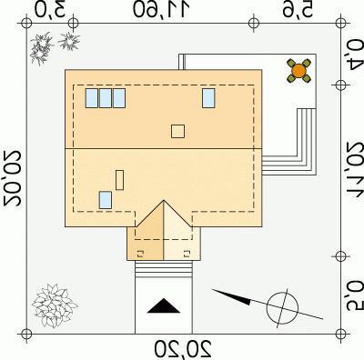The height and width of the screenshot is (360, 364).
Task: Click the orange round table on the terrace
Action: point(298,71)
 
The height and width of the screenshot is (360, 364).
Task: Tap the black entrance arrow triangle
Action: point(164,305)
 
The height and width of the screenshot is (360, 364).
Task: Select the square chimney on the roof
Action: point(177,131)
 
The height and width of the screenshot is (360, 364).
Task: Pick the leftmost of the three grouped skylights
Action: point(92,98)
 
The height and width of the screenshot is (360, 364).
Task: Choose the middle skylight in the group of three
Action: point(106,98)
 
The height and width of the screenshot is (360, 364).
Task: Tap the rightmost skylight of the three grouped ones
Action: point(119,98)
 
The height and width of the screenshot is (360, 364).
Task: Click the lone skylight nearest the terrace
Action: point(208,98)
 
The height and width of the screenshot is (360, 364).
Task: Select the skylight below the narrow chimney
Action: point(106,200)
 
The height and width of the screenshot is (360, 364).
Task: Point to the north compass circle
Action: point(282,308)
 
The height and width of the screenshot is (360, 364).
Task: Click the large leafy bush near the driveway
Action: point(55,305)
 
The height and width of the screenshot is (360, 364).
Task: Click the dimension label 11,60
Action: point(161,9)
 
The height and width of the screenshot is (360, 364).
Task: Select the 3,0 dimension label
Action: point(50,9)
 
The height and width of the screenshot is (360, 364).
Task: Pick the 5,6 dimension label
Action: point(298,10)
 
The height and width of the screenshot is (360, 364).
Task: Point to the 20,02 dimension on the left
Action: point(12,178)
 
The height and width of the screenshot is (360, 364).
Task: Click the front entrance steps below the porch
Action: point(164,269)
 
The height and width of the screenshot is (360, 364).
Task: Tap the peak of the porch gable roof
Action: point(164,200)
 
